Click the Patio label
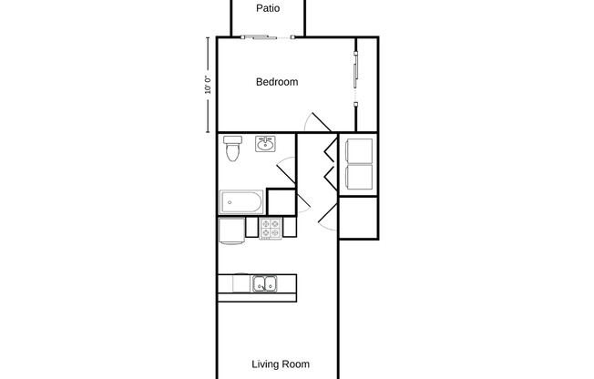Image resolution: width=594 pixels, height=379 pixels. [267, 9]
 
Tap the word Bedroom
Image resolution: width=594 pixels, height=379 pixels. [276, 82]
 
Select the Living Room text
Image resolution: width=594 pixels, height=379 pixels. [281, 364]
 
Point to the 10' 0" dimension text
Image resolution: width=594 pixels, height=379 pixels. [208, 85]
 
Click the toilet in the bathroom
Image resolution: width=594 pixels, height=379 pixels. [231, 149]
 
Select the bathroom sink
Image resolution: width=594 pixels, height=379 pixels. [266, 144]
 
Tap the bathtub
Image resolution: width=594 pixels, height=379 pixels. [241, 200]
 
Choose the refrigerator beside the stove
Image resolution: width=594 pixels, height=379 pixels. [230, 230]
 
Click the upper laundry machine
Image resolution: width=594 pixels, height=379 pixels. [359, 149]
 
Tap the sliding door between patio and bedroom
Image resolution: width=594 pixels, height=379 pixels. [268, 37]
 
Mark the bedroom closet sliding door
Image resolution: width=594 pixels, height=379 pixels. [355, 83]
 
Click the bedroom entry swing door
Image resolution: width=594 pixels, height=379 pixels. [316, 124]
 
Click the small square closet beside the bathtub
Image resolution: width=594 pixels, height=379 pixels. [282, 202]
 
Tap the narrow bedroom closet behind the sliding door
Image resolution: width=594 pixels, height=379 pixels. [366, 84]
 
